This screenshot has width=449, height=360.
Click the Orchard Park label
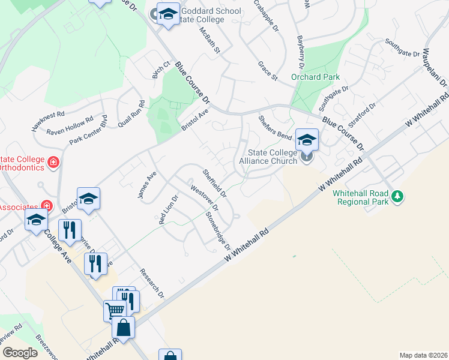[x=315, y=77]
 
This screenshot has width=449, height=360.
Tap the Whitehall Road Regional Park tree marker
[x=397, y=196]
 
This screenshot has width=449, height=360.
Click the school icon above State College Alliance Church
[x=306, y=140]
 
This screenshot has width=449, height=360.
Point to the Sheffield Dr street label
[x=214, y=183]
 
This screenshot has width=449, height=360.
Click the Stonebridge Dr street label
[x=218, y=231]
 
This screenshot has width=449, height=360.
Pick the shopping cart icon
[x=115, y=310]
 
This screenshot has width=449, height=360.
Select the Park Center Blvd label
[x=88, y=133]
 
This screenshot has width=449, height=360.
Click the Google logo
[x=19, y=353]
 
